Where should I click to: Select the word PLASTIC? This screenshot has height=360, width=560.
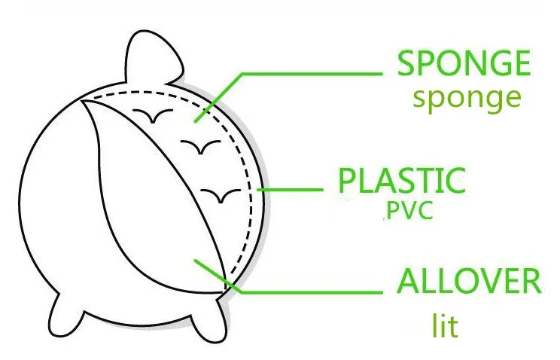click(x=401, y=182)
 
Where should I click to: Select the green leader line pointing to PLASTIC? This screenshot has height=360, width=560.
click(x=294, y=189)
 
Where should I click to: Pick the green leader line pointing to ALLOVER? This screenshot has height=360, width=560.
click(x=316, y=290)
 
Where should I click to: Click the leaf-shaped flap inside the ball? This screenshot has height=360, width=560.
click(x=151, y=196)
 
